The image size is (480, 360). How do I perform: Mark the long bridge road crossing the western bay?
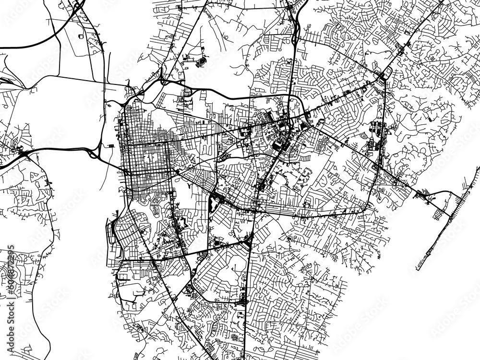pos(58,146)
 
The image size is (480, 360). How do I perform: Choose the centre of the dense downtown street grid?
pos(146,158)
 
